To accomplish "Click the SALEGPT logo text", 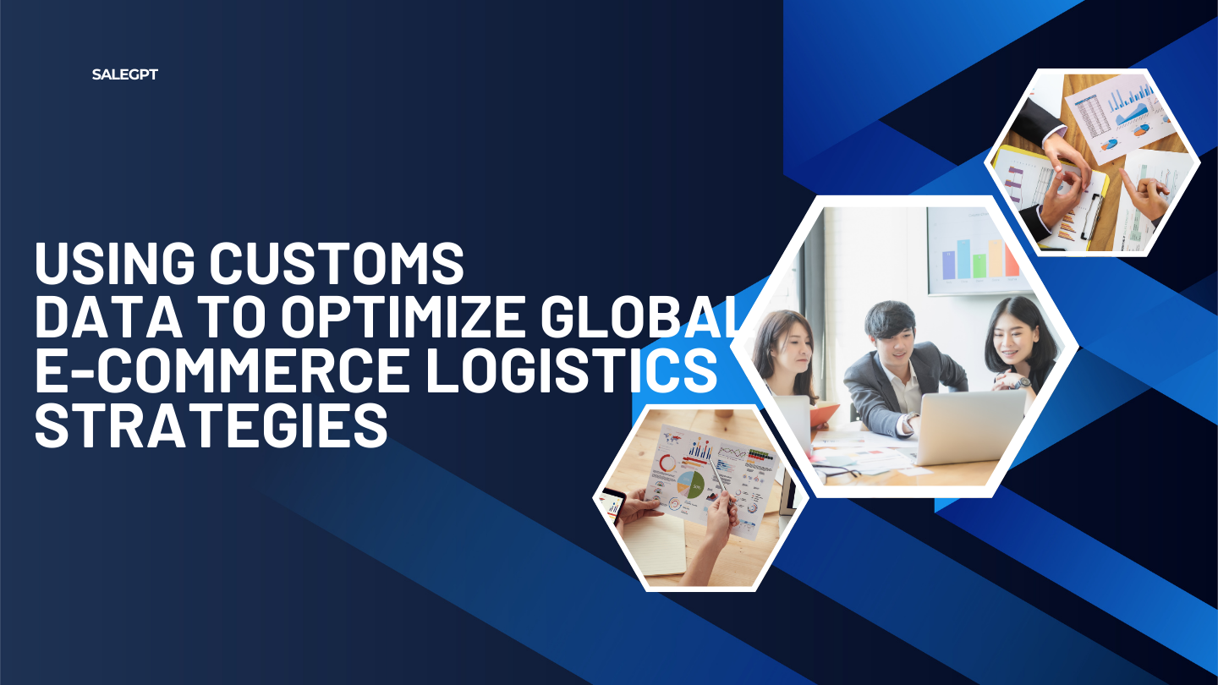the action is coord(124,74).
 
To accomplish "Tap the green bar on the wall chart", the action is coord(979,266).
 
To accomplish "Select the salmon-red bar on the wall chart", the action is coord(1012,260).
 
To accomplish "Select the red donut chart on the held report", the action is coord(667,463).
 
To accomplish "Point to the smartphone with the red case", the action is coord(612,505).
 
